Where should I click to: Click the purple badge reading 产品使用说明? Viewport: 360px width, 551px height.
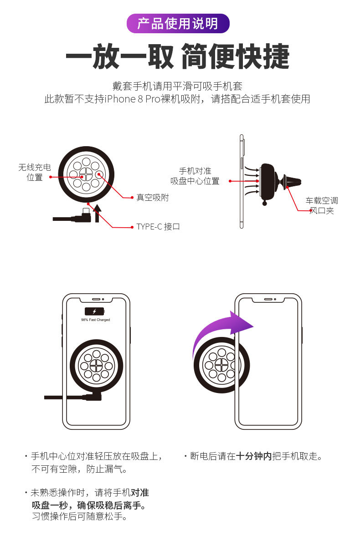pos(178,23)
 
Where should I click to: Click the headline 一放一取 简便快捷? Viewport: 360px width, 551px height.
pos(178,57)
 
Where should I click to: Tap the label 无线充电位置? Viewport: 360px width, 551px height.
pos(35,172)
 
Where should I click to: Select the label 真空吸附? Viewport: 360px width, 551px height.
pos(152,198)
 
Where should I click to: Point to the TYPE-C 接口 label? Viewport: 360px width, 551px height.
pos(158,226)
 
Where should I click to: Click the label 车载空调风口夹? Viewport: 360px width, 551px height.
pos(322,205)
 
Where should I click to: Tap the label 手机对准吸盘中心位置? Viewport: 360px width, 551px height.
pos(195,176)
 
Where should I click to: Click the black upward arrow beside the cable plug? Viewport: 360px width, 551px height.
pos(97,213)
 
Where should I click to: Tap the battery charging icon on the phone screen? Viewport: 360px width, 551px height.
pos(95,311)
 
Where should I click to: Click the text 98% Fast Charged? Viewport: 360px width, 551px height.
pos(95,320)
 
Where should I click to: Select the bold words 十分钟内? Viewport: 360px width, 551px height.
pos(254,456)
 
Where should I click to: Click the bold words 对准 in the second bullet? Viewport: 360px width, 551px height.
pos(139,492)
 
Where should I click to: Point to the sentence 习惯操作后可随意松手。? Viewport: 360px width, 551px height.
pos(79,516)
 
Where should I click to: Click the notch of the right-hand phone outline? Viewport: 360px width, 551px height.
pos(268,300)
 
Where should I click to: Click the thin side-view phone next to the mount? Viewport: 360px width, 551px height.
pos(241,182)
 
